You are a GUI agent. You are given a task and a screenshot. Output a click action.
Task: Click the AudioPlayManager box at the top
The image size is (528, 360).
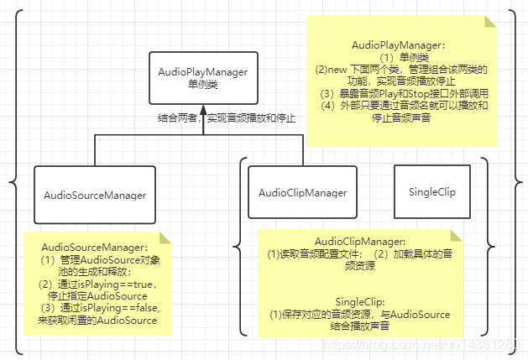202,78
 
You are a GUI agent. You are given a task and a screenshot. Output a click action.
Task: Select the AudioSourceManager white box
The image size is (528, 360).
95,195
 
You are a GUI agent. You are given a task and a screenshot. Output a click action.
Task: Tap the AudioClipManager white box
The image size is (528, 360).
302,193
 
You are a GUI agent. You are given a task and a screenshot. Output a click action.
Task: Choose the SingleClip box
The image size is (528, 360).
431,193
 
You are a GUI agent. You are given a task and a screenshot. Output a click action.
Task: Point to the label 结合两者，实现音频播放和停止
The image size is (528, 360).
227,118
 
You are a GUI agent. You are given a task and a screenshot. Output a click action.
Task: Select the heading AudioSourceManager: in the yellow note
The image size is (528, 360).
95,248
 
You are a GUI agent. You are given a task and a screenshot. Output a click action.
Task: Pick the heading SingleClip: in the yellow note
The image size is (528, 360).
359,301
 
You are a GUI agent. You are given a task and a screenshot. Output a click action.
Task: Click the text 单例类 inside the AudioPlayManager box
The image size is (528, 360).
202,85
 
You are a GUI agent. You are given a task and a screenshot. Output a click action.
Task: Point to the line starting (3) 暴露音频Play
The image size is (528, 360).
402,94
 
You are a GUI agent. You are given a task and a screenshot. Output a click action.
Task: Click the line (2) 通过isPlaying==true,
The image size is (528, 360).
97,284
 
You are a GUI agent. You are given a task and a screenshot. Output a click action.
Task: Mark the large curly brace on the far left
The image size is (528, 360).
13,180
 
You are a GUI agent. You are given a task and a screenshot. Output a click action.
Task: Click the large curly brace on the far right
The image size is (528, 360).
515,180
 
